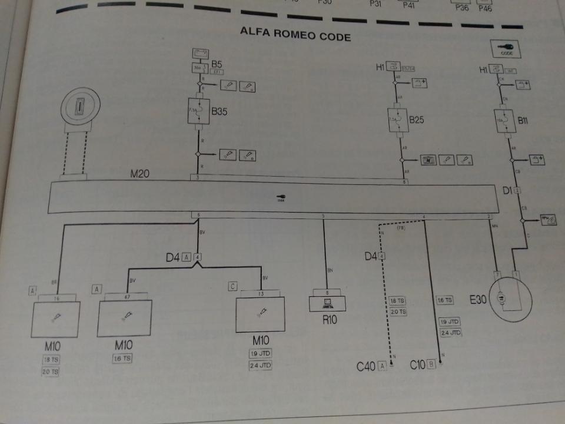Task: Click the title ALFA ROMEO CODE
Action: coord(295,34)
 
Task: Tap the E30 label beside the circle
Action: coord(478,300)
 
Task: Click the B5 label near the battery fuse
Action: coord(217,64)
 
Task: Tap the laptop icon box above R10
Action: coord(327,303)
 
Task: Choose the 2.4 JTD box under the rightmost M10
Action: coord(260,365)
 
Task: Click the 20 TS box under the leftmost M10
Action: coord(51,372)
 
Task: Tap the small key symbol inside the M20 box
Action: coord(281,198)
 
